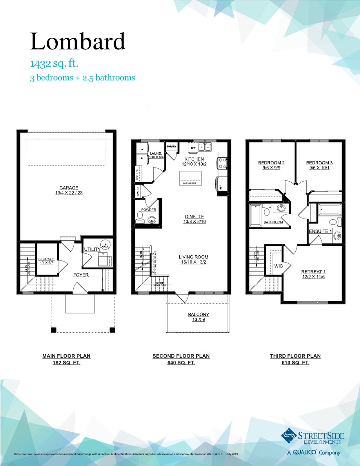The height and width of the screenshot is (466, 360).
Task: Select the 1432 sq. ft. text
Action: tap(57, 64)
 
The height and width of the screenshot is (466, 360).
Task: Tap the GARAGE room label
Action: tap(69, 188)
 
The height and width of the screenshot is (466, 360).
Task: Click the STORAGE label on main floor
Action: tap(46, 259)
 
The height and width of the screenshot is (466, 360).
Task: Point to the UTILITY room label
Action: tap(91, 249)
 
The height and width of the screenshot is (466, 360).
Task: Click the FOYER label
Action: tap(81, 275)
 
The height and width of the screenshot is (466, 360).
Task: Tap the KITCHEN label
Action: tap(194, 159)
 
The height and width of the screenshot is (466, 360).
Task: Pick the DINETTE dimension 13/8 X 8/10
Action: tap(195, 222)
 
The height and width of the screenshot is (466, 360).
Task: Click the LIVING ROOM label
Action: tap(193, 257)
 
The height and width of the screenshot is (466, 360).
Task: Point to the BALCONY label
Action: tap(198, 314)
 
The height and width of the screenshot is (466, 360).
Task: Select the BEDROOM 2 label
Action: tap(271, 163)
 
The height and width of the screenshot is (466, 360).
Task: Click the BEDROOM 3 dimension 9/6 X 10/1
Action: tap(319, 168)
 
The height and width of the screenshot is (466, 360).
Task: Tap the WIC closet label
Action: tap(278, 266)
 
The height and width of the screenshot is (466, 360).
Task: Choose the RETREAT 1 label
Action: tap(313, 272)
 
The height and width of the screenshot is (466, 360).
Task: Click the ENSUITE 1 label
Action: tap(320, 231)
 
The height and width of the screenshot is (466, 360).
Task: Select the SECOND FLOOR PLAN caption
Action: tap(181, 356)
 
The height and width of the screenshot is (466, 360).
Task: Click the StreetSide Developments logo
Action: tap(311, 440)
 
